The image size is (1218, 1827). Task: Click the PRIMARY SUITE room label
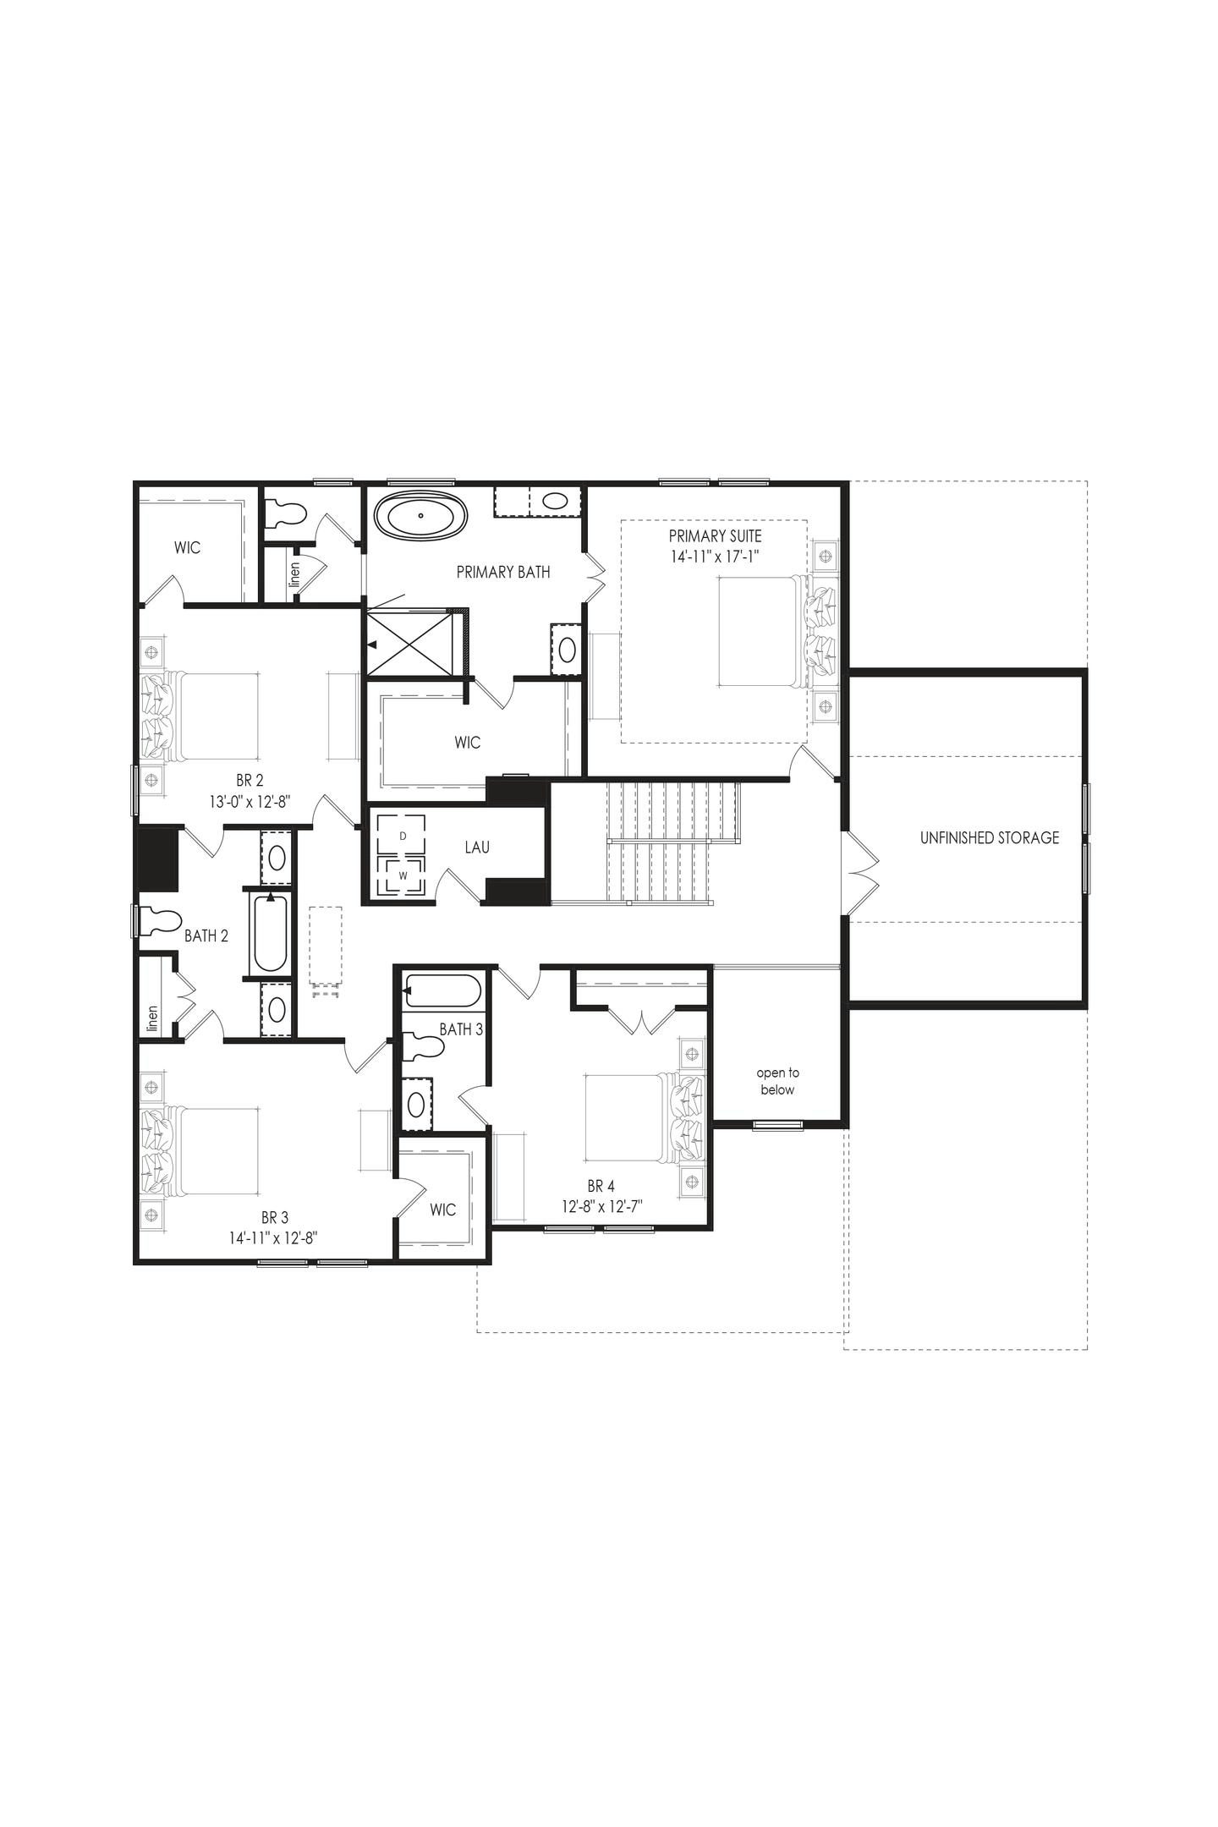tap(715, 535)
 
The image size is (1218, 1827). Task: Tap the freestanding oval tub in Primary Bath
tap(420, 514)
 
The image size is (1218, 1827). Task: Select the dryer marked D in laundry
tap(403, 835)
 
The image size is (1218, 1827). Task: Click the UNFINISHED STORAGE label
tap(989, 837)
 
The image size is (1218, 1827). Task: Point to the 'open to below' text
tap(777, 1081)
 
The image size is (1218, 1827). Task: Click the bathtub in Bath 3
tap(442, 990)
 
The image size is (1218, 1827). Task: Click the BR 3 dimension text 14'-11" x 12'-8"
tap(273, 1238)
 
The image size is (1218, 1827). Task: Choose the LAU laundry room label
tap(477, 847)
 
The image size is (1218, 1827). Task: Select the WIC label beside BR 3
tap(442, 1210)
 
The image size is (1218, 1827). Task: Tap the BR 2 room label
tap(250, 780)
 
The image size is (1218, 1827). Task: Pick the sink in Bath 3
tap(416, 1104)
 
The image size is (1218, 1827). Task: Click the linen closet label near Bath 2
tap(153, 1018)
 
